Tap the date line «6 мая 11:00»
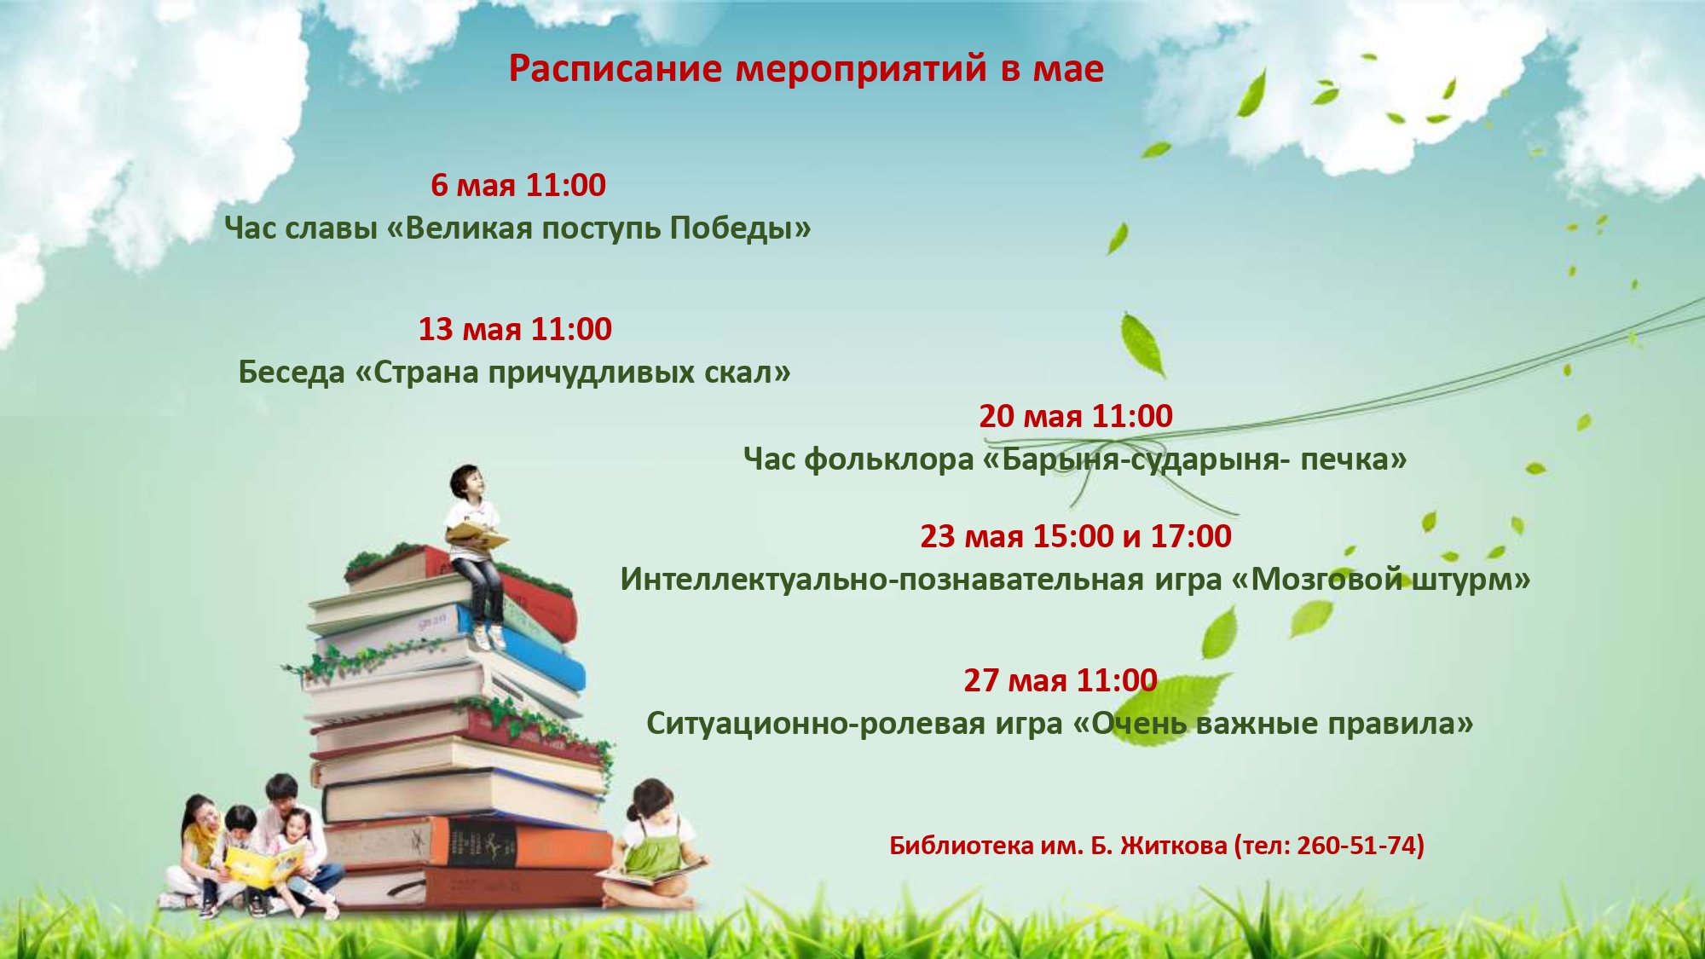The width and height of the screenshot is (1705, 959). click(x=518, y=185)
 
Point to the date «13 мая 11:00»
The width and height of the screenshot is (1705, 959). click(x=515, y=329)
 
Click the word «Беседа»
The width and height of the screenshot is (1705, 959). click(x=292, y=373)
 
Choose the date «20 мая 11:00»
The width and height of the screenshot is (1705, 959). click(x=1076, y=416)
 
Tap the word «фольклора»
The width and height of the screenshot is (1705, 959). click(x=888, y=460)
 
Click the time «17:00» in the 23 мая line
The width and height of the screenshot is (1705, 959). click(x=1191, y=536)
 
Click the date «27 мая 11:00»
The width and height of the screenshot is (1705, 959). click(x=1061, y=680)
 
